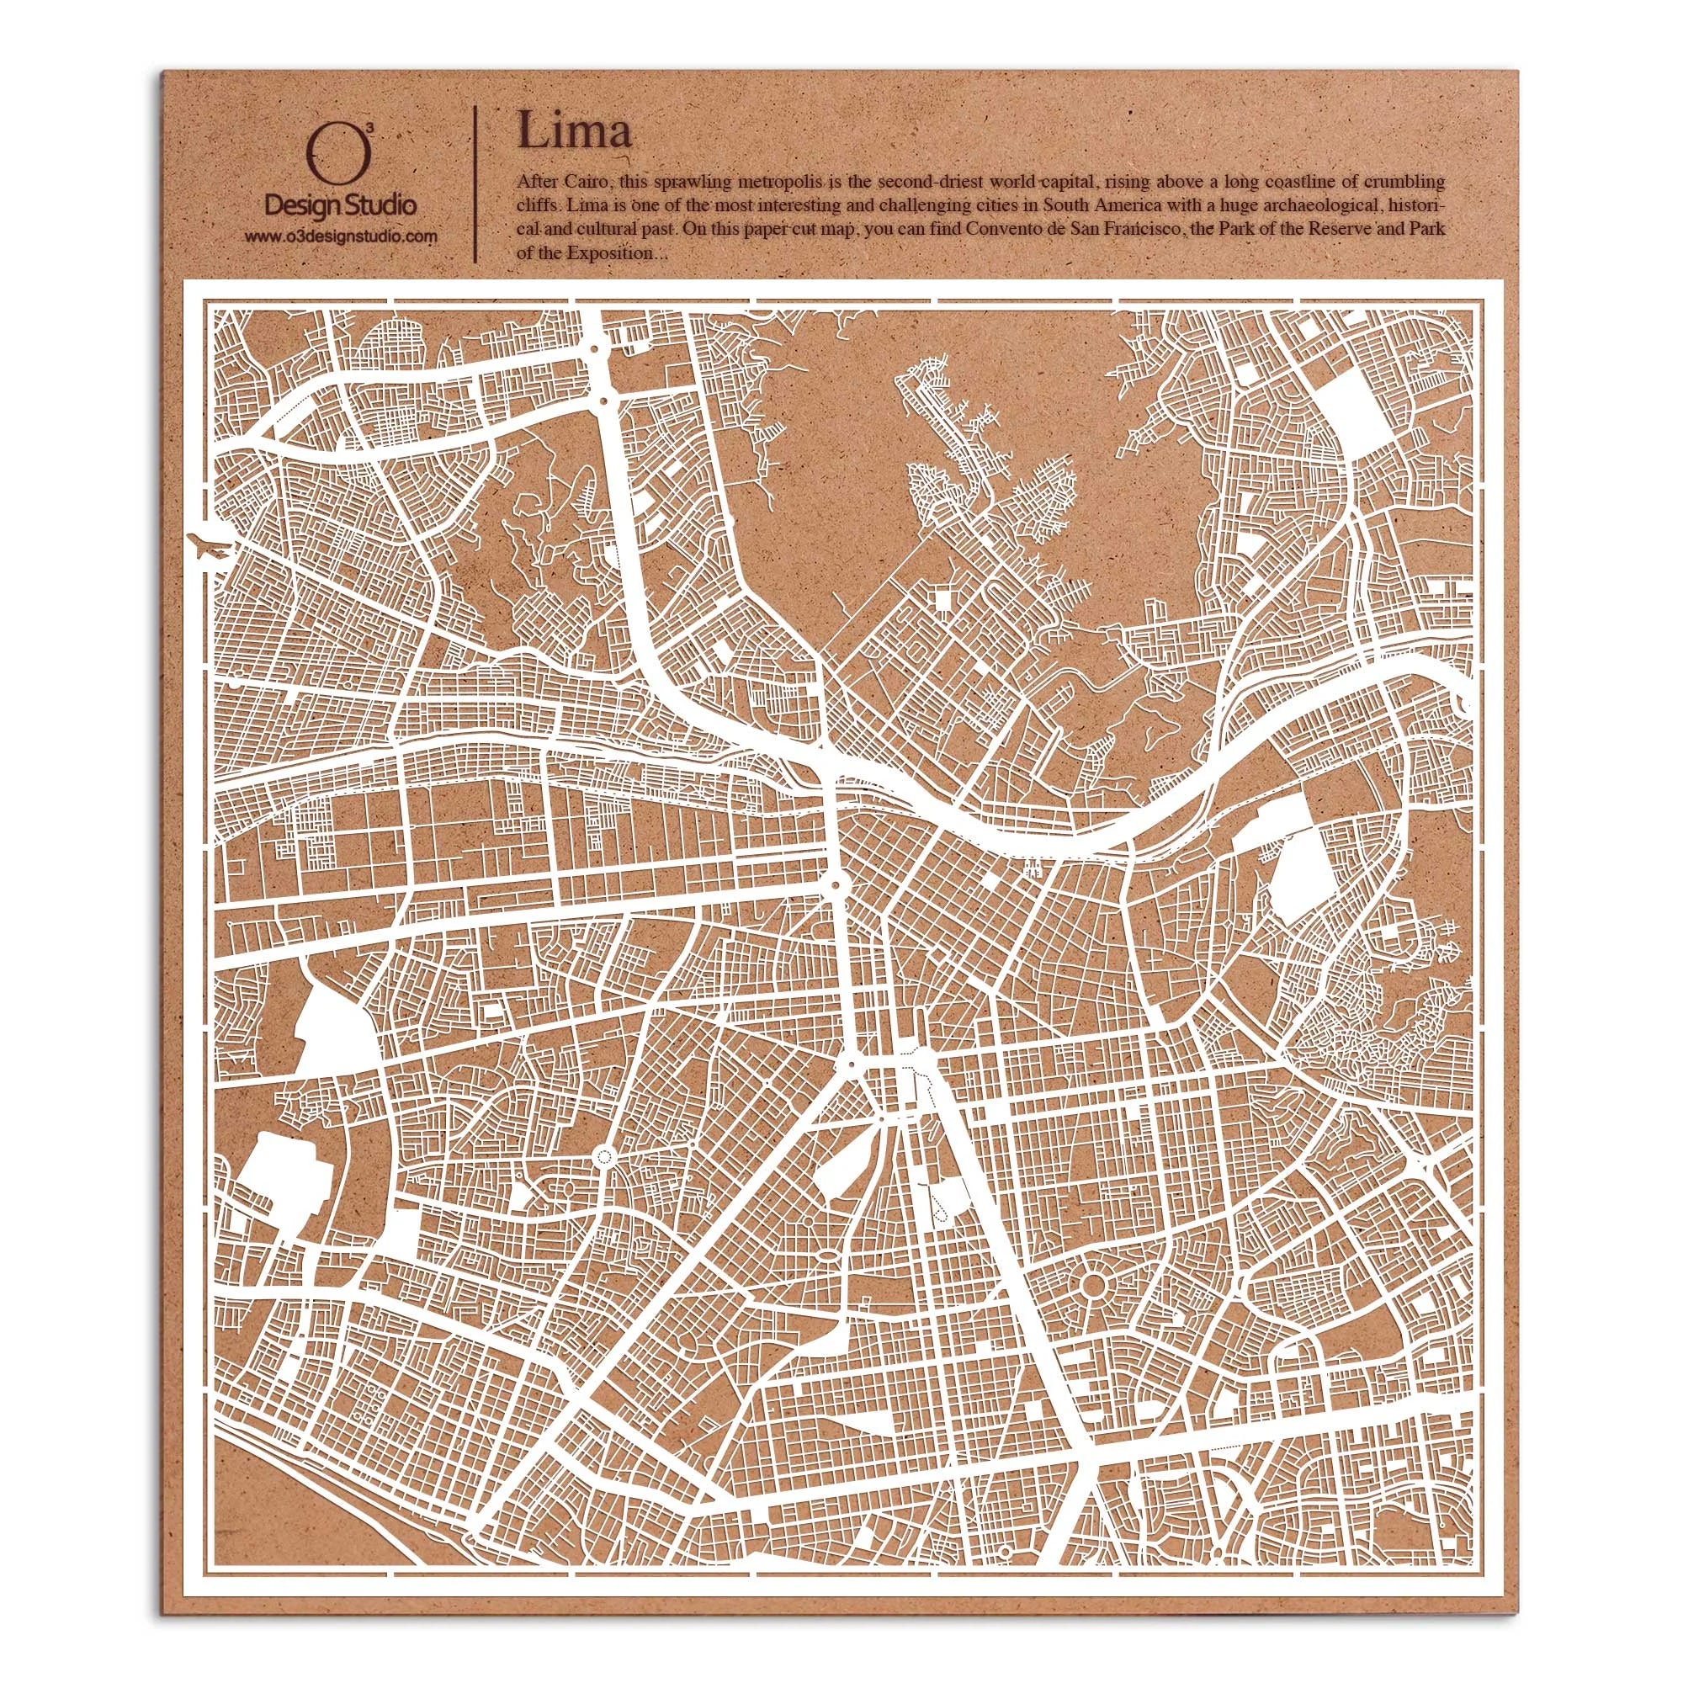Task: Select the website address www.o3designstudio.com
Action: (340, 236)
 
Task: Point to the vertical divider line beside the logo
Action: (475, 183)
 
